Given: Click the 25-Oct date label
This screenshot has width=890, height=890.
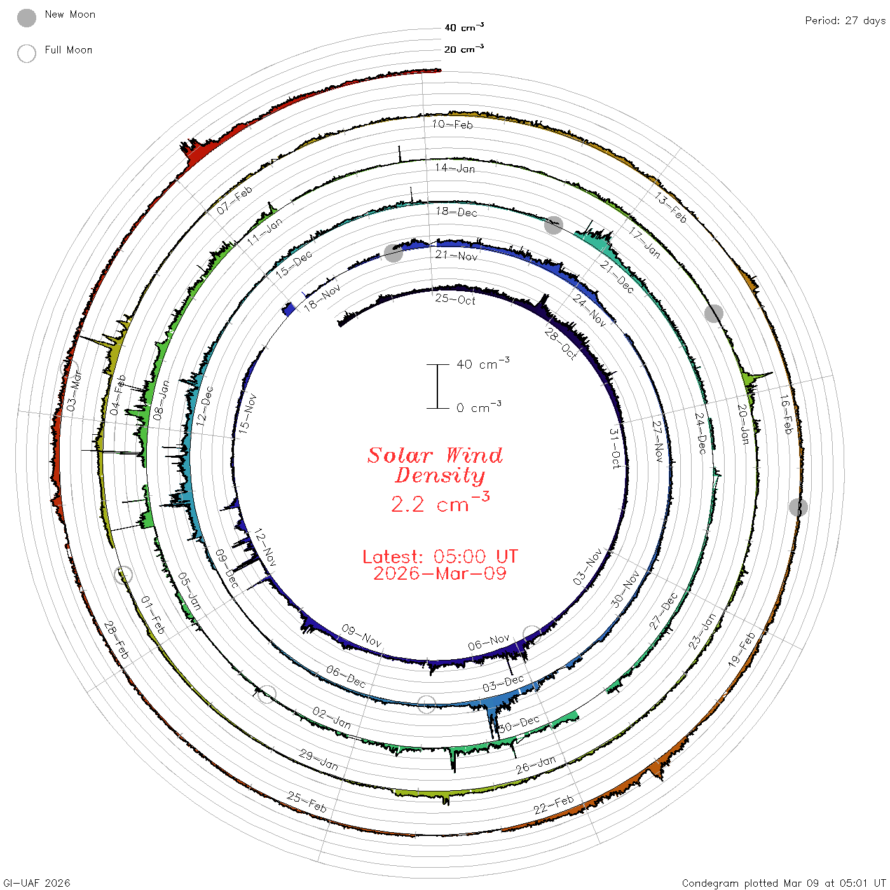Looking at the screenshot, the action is coord(455,299).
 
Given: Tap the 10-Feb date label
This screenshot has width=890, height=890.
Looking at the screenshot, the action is coord(452,124).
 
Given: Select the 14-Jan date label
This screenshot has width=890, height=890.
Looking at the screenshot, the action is coord(455,168).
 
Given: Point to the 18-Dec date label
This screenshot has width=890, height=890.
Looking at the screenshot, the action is coord(456,212).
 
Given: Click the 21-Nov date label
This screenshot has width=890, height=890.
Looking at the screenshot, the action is coord(456,256).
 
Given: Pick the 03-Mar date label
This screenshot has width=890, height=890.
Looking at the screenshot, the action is coord(74,391).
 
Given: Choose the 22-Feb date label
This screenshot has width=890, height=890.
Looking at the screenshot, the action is coord(554,805).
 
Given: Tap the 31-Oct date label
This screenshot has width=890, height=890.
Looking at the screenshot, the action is coord(615,448).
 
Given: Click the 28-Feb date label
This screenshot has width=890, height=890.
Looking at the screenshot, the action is coord(116,640).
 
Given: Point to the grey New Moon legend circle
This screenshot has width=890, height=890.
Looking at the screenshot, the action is coord(27,18).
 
